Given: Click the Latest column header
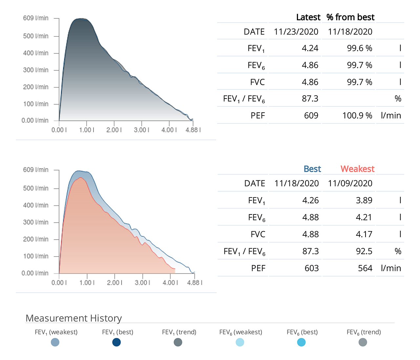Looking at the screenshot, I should pos(308,17).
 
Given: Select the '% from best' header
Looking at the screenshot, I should pos(350,17).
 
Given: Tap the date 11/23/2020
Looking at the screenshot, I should pos(296,32).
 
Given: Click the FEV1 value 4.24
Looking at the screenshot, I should pos(310,48).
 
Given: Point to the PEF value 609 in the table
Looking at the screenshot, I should pos(311,116).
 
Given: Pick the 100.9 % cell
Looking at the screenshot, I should pos(357,116).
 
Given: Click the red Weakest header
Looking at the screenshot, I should pos(357,169).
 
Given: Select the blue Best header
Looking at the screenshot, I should pos(312,169).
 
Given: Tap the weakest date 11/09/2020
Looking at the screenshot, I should pos(350,183).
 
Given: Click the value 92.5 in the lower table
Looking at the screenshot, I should pos(364,251).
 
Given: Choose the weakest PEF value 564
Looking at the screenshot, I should pos(365,268).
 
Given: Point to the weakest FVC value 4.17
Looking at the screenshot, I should pos(364,234).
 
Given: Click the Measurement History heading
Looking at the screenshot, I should pos(73,318).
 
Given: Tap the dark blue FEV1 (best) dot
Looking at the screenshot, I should pos(116,342).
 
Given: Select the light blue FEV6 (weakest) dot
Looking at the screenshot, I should pos(240,342).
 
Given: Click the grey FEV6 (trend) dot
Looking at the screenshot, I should pos(363,342).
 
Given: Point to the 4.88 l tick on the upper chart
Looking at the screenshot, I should pos(193,130).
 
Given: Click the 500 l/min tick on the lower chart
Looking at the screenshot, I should pos(36,188).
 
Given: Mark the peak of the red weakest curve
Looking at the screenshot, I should pos(80,178).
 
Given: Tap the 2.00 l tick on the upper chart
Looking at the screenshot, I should pos(114,130).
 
